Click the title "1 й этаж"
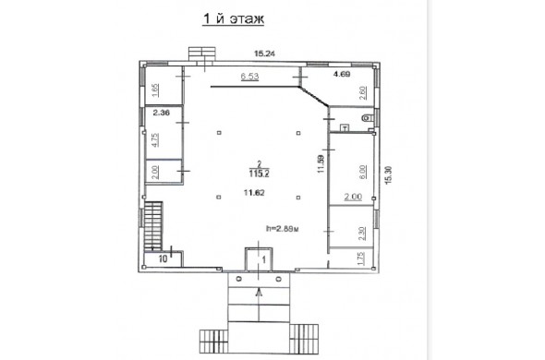point(233,18)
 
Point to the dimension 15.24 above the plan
point(264,54)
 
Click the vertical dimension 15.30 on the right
point(389,174)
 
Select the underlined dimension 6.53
point(250,76)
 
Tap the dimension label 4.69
point(342,74)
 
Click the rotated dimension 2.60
point(362,93)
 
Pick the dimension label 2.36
point(162,113)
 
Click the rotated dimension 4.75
point(155,139)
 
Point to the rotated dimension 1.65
point(155,90)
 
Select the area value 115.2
point(259,174)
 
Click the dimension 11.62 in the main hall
point(254,192)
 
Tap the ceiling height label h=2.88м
point(283,229)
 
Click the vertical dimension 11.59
point(321,163)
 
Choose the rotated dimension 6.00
point(362,172)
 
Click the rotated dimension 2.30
point(362,234)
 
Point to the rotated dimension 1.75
point(361,258)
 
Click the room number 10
point(163,258)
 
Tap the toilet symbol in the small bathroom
point(367,118)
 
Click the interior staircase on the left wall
point(153,225)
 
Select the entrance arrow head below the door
point(259,293)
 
